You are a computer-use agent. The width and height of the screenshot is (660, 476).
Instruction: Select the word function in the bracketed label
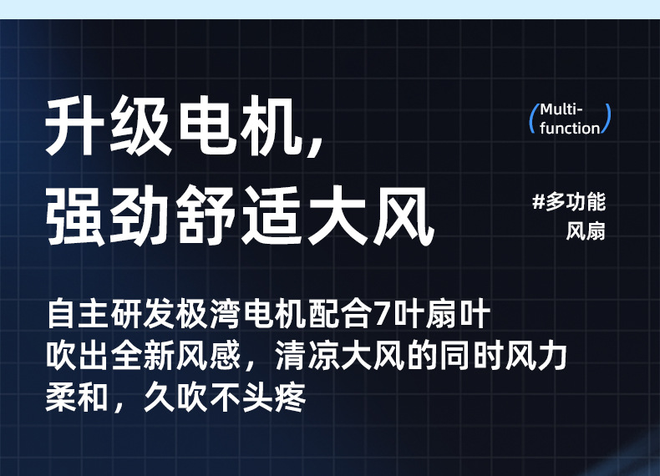pos(570,129)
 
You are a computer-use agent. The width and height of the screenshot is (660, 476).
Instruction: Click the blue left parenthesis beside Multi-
pos(533,119)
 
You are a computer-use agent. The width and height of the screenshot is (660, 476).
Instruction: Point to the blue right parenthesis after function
pos(607,119)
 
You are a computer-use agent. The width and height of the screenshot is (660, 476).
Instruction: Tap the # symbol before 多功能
pos(539,202)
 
